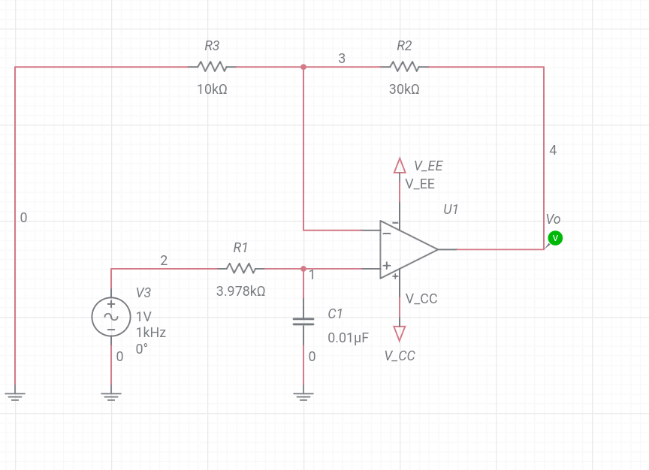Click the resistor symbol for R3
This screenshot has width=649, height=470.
pyautogui.click(x=212, y=67)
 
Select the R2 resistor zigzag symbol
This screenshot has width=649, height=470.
pyautogui.click(x=404, y=67)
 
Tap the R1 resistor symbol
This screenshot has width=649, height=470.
pyautogui.click(x=240, y=268)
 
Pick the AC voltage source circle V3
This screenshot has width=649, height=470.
pyautogui.click(x=111, y=316)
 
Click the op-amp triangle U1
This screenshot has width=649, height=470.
pyautogui.click(x=406, y=249)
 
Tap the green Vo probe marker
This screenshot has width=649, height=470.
pyautogui.click(x=556, y=238)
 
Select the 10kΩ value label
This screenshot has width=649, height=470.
pyautogui.click(x=212, y=89)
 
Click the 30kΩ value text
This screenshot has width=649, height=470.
pyautogui.click(x=404, y=89)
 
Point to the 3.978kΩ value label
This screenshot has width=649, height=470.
pyautogui.click(x=240, y=291)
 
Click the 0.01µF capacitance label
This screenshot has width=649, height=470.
pyautogui.click(x=348, y=337)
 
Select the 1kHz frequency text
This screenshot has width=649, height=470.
pyautogui.click(x=150, y=333)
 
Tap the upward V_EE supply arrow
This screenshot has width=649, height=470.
pyautogui.click(x=400, y=164)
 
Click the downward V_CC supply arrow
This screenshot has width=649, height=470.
pyautogui.click(x=400, y=333)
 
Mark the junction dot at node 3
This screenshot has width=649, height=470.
pyautogui.click(x=303, y=67)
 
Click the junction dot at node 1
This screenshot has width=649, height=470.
pyautogui.click(x=303, y=268)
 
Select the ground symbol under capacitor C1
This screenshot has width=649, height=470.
pyautogui.click(x=303, y=396)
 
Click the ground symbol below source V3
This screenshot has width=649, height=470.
pyautogui.click(x=111, y=396)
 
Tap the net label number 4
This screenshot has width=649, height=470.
pyautogui.click(x=553, y=150)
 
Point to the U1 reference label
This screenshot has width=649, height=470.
pyautogui.click(x=451, y=209)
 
